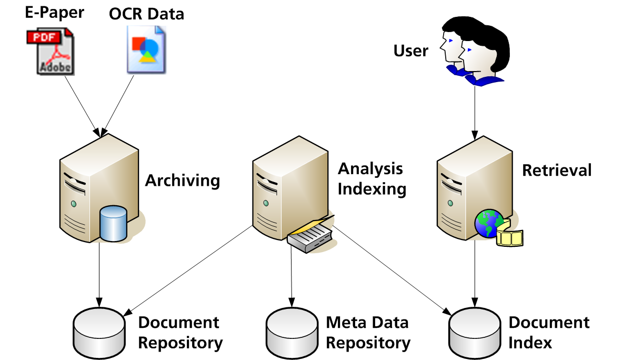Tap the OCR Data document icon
tap(146, 48)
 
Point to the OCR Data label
tap(147, 14)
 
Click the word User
tap(411, 51)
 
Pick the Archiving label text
tap(182, 181)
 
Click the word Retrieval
tap(557, 170)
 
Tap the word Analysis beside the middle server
tap(370, 169)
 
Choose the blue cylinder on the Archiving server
tap(113, 224)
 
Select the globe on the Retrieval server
tap(489, 224)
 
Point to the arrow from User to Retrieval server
tap(475, 111)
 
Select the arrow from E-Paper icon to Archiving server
tap(82, 103)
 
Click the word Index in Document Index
tap(530, 343)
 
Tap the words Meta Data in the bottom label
tap(367, 322)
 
